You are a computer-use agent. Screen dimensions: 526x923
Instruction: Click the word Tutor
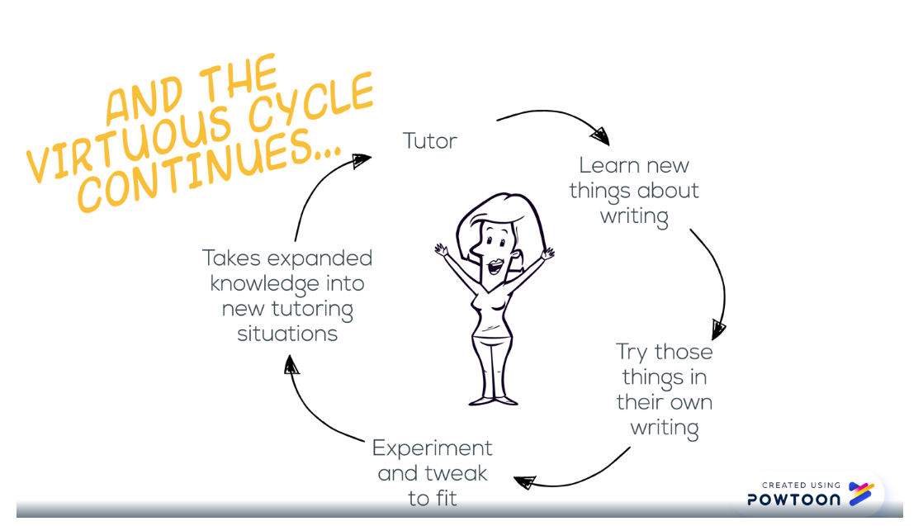(429, 140)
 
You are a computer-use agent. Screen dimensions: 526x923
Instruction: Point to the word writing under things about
(634, 217)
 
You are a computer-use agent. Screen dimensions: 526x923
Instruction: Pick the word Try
(632, 353)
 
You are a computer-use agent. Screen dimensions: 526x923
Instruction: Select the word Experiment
(432, 448)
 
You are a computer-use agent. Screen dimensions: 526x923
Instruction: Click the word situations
(287, 334)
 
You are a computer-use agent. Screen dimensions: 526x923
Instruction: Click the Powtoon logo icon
(860, 494)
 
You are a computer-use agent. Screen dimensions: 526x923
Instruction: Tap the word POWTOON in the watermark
(793, 499)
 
